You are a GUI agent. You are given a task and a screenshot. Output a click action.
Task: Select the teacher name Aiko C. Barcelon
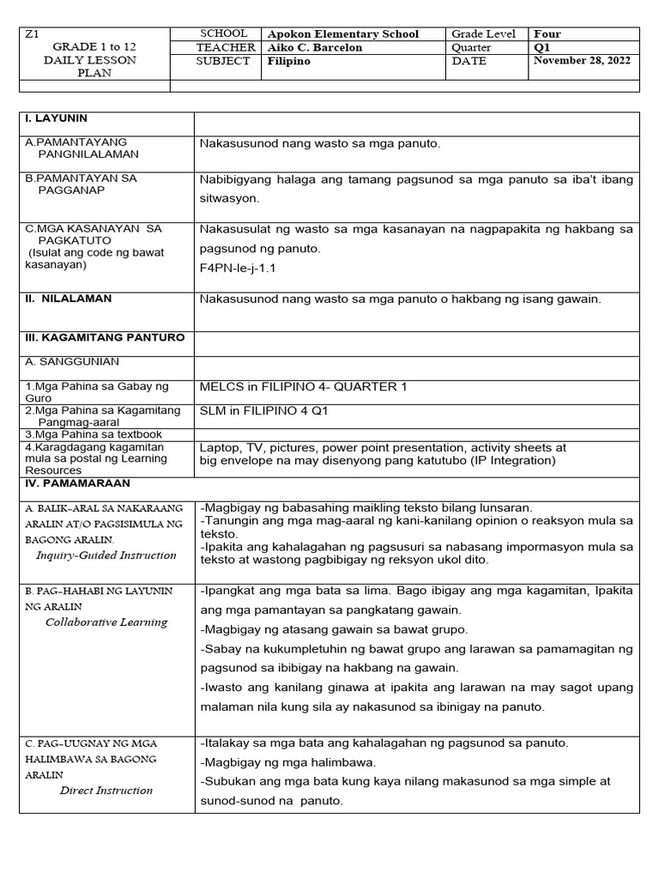point(315,48)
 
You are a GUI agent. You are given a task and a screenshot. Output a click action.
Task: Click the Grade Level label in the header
point(483,34)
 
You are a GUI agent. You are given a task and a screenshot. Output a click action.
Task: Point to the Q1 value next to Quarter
point(545,48)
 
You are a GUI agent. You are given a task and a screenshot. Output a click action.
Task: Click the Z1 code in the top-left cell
point(33,34)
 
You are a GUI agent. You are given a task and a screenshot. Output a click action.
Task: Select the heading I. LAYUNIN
point(57,118)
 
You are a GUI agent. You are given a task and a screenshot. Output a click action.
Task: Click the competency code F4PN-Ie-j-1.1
point(239,268)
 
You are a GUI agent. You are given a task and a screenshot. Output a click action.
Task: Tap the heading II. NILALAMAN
point(69,299)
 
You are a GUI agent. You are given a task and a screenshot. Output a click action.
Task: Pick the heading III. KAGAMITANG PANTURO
point(105,337)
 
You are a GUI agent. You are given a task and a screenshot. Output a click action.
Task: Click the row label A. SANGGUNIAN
point(72,362)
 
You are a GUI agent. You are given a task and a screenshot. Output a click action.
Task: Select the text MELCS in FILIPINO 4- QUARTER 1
point(304,387)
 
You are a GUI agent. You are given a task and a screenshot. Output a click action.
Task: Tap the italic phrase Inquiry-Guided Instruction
point(106,555)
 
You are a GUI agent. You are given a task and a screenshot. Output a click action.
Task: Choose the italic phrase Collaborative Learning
point(106,622)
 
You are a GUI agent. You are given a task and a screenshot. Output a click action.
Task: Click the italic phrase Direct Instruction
point(106,791)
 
